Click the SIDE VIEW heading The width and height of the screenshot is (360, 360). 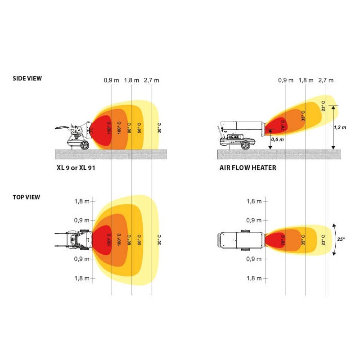27,78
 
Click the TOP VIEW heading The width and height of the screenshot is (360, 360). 26,197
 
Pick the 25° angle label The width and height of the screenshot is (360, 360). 341,239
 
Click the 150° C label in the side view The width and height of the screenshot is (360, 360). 109,127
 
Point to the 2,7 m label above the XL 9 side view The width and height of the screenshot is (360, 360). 152,80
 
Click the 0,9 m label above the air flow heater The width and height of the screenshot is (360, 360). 286,80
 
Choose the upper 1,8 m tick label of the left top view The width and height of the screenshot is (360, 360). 82,201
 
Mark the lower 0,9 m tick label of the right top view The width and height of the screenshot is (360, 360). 254,259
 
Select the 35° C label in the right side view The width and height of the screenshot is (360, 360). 303,116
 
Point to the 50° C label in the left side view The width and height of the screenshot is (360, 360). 139,127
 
